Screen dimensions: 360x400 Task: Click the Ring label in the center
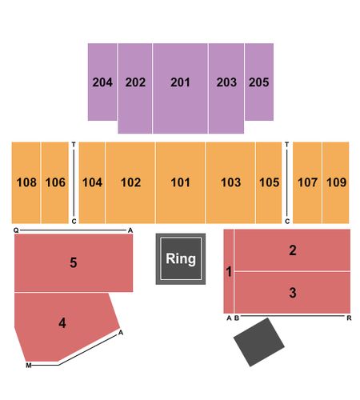coord(181,258)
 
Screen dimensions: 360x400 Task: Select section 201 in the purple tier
coord(180,88)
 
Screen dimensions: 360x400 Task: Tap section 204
coord(102,82)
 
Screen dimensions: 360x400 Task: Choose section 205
coord(259,82)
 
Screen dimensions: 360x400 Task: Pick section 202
coord(135,88)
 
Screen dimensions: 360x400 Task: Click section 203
coord(226,88)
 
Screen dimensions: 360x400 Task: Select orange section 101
coord(180,182)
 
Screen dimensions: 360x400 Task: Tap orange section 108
coord(26,182)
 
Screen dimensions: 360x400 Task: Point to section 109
coord(336,182)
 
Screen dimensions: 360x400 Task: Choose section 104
coord(92,182)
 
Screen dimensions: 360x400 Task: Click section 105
coord(269,182)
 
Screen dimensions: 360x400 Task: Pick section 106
coord(55,182)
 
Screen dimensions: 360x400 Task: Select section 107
coord(307,182)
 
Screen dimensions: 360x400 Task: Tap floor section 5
coord(74,263)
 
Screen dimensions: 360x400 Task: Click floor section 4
coord(62,323)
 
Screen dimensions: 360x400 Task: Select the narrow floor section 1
coord(229,271)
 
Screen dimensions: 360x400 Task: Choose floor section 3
coord(293,293)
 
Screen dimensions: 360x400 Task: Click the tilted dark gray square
coord(259,342)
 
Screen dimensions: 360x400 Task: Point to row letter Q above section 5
coord(16,230)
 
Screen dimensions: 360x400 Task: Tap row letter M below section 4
coord(29,366)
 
